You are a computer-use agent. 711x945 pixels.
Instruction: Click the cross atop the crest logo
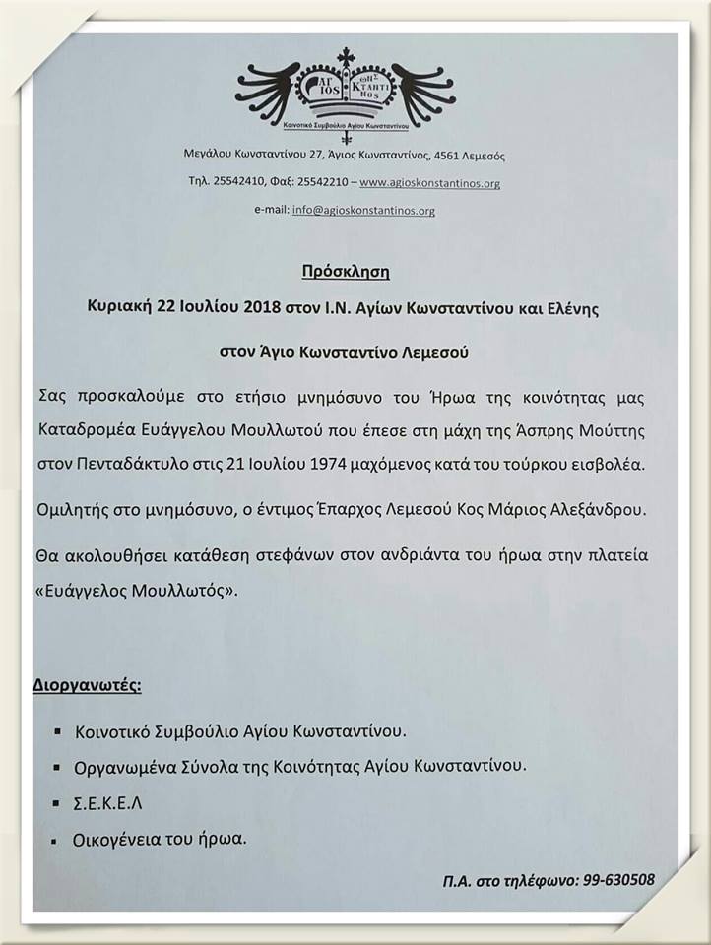(345, 57)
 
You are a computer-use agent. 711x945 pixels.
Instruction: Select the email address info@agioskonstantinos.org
(363, 210)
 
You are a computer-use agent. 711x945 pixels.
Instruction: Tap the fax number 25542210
(316, 183)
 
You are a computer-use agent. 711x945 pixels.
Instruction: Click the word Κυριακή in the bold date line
(115, 307)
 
